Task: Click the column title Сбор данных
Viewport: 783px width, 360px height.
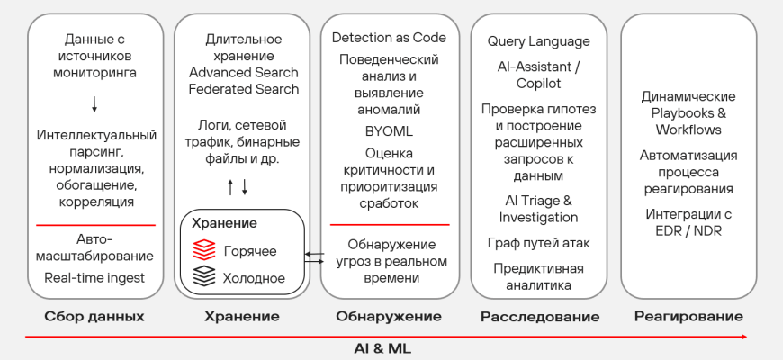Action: [x=94, y=317]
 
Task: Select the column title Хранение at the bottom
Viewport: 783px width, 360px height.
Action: [x=242, y=317]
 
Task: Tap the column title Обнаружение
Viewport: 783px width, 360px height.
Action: [x=389, y=317]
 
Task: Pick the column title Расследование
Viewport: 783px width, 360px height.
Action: [x=540, y=317]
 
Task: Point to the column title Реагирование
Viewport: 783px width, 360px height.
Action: [x=688, y=317]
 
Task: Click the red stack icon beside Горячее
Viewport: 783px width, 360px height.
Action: [x=204, y=250]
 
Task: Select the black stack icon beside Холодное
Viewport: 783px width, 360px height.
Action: [x=204, y=277]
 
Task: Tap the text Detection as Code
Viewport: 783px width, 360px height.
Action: [x=389, y=38]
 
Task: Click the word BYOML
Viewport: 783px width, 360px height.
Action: [x=389, y=130]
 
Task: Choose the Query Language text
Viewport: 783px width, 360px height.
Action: [x=539, y=41]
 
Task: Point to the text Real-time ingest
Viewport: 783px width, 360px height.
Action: [x=94, y=277]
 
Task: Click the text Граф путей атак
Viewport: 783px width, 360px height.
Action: [x=538, y=243]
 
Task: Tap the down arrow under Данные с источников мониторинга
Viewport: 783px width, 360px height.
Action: [x=94, y=104]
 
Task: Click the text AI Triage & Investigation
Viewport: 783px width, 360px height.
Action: [x=538, y=209]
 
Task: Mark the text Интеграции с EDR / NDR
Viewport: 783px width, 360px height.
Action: [x=688, y=222]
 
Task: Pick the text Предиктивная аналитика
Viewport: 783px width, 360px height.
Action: [x=538, y=277]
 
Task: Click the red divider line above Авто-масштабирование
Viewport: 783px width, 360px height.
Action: [x=94, y=225]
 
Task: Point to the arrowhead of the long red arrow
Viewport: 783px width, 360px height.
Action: [x=744, y=337]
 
